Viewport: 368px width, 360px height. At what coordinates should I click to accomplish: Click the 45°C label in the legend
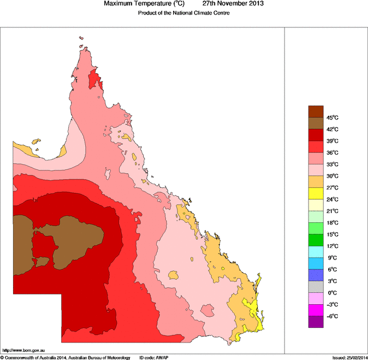coord(333,118)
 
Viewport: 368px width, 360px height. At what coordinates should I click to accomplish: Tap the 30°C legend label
coord(333,176)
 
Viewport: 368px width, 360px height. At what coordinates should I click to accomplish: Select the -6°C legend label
coord(333,316)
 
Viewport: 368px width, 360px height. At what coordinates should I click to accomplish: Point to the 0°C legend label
coord(333,293)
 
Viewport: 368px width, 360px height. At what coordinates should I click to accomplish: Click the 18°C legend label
coord(333,223)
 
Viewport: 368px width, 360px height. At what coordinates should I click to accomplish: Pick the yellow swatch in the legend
coord(317,193)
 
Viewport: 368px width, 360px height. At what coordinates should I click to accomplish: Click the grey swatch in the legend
coord(317,287)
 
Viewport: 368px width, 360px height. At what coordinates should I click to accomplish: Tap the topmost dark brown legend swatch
coord(317,111)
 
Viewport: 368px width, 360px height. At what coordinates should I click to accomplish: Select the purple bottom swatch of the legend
coord(317,322)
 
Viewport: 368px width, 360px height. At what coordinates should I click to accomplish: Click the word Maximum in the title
coord(122,4)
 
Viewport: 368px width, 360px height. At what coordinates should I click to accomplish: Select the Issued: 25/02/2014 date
coord(349,357)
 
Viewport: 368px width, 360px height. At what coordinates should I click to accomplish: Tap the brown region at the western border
coord(22,243)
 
